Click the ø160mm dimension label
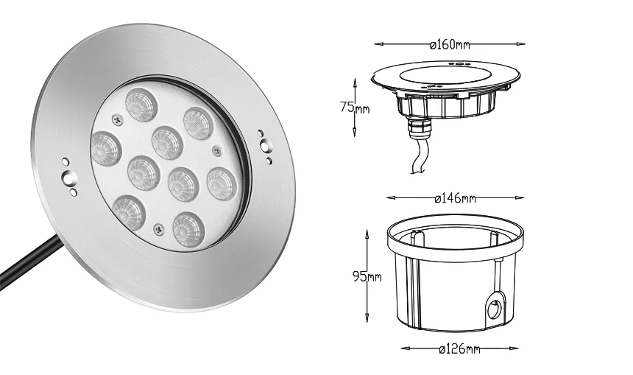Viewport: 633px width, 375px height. [x=450, y=44]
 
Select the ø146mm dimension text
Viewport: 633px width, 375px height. [x=456, y=198]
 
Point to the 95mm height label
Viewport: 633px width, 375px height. [x=365, y=277]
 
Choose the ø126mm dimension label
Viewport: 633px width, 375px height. [x=459, y=348]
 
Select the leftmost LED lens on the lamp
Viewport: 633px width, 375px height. [x=105, y=147]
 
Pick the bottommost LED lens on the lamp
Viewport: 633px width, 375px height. [x=188, y=228]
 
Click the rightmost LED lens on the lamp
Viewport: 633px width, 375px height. [x=222, y=183]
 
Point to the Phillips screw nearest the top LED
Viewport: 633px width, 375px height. [x=118, y=119]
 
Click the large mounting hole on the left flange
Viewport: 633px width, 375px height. [x=70, y=177]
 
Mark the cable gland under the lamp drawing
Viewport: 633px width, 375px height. [x=417, y=133]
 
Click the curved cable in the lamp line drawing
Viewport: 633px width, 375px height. [x=418, y=158]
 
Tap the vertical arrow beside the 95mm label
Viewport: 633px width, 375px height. [x=367, y=276]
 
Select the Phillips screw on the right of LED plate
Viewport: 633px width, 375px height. [x=216, y=150]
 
